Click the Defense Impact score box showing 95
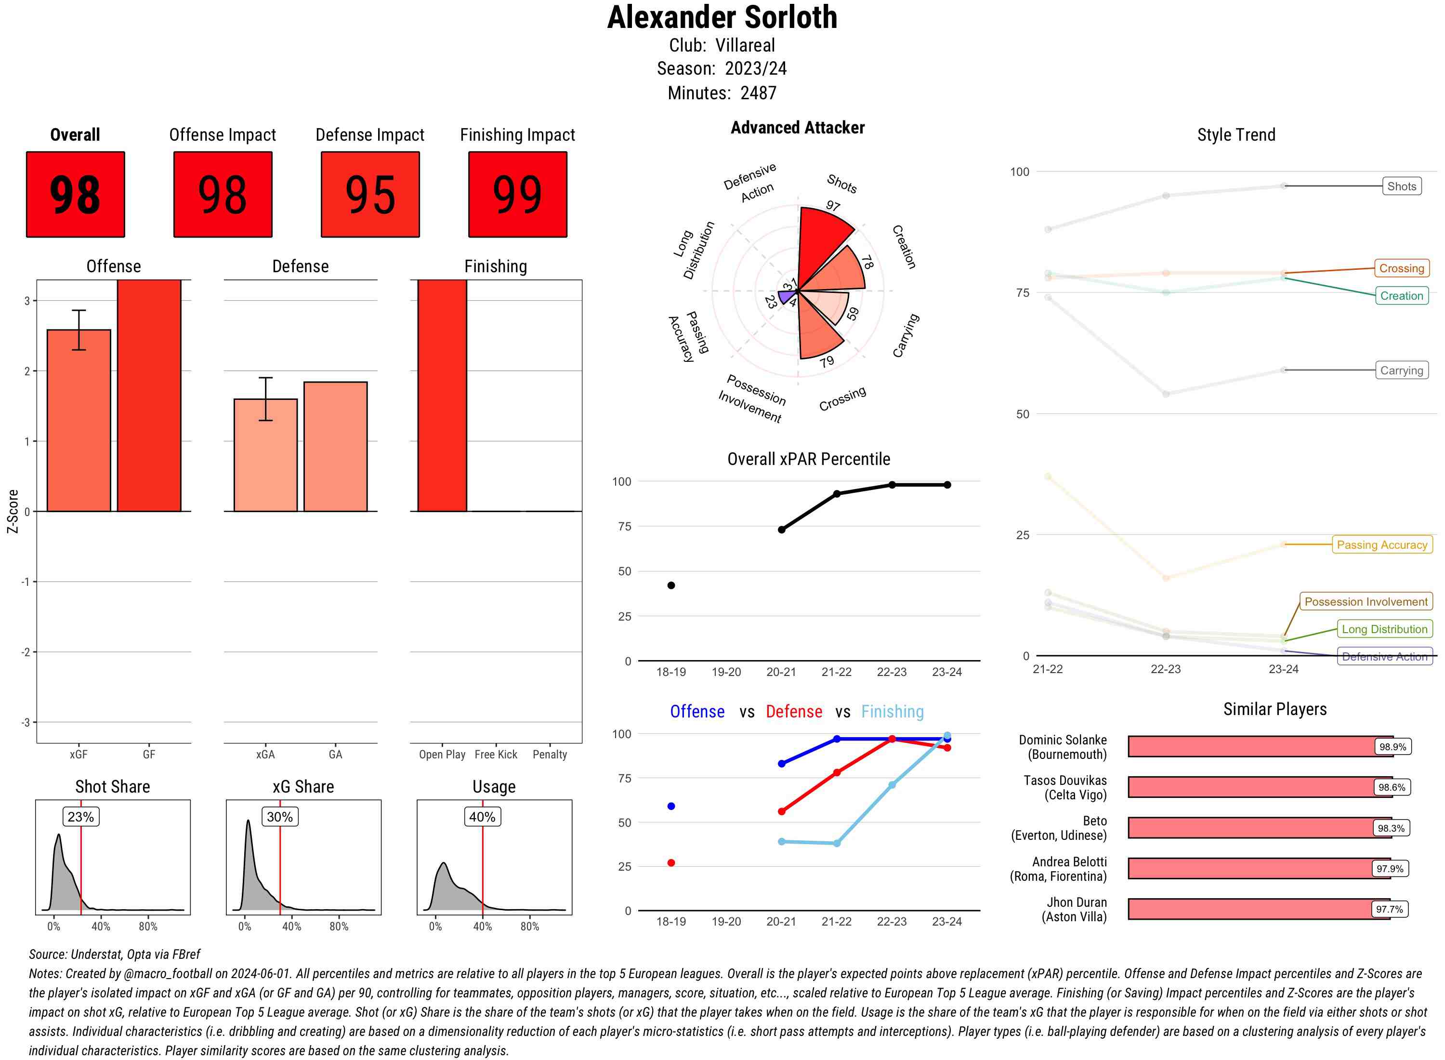coord(370,195)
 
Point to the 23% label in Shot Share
coord(81,817)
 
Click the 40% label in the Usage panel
coord(482,817)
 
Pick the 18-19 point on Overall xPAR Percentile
coord(671,585)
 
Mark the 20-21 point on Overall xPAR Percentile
coord(781,530)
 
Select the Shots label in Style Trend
coord(1401,186)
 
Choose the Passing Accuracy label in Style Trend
coord(1381,545)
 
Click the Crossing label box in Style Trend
coord(1401,268)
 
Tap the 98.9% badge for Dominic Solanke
coord(1392,747)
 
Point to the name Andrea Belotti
coord(1069,861)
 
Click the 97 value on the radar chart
coord(832,206)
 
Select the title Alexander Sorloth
coord(722,17)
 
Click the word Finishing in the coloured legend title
coord(892,712)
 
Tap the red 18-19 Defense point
coord(671,863)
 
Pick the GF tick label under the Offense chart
coord(149,755)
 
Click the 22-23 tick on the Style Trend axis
coord(1165,669)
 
